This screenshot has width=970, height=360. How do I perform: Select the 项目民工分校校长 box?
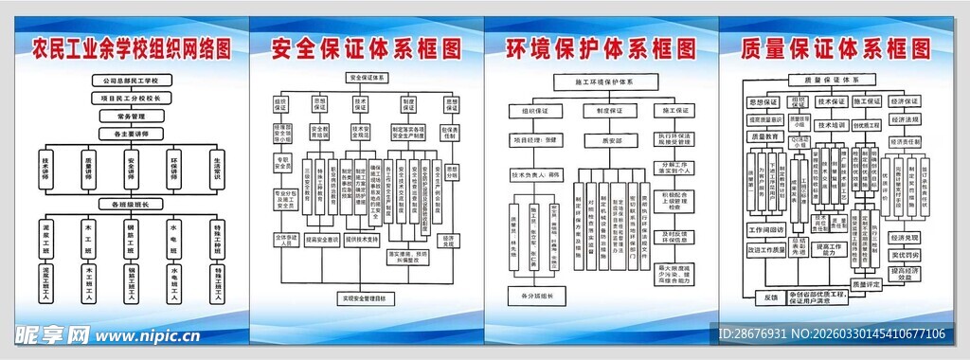(x=131, y=98)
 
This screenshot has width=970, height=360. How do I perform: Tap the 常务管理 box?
(x=131, y=116)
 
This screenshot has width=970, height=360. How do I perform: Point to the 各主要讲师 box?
(x=131, y=134)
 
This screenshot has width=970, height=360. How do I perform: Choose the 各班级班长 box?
(x=131, y=204)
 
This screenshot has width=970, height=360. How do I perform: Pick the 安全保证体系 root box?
(x=367, y=77)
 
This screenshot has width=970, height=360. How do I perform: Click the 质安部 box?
(x=599, y=139)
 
